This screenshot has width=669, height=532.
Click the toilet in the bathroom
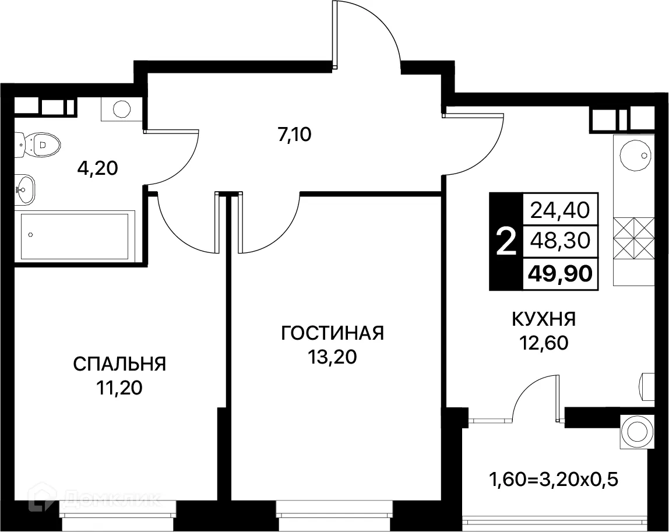(x=40, y=143)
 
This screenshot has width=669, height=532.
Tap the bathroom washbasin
(x=25, y=189)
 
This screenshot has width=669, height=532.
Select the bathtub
(x=74, y=236)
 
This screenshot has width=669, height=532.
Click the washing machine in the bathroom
(x=122, y=108)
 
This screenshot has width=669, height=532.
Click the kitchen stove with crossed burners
(x=635, y=238)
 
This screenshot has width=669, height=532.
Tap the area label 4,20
(x=97, y=168)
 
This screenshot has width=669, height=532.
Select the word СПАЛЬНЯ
(x=119, y=364)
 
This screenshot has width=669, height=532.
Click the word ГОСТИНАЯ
(x=332, y=333)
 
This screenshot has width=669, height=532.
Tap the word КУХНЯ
(x=544, y=319)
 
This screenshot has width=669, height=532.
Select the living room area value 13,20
(x=332, y=357)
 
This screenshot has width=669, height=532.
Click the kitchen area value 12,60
(x=544, y=342)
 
